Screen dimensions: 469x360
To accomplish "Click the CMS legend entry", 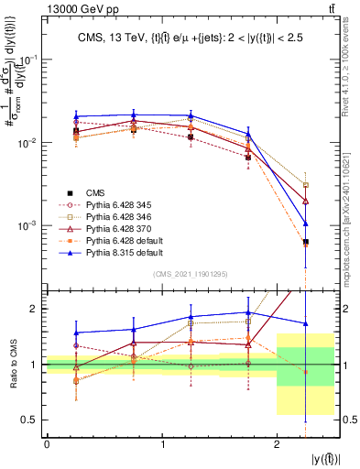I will [x=94, y=192].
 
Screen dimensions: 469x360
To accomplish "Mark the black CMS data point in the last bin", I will [x=305, y=242].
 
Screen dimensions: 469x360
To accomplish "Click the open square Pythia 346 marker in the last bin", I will [x=305, y=185].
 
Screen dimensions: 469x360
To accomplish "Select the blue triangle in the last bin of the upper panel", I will [x=305, y=223].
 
